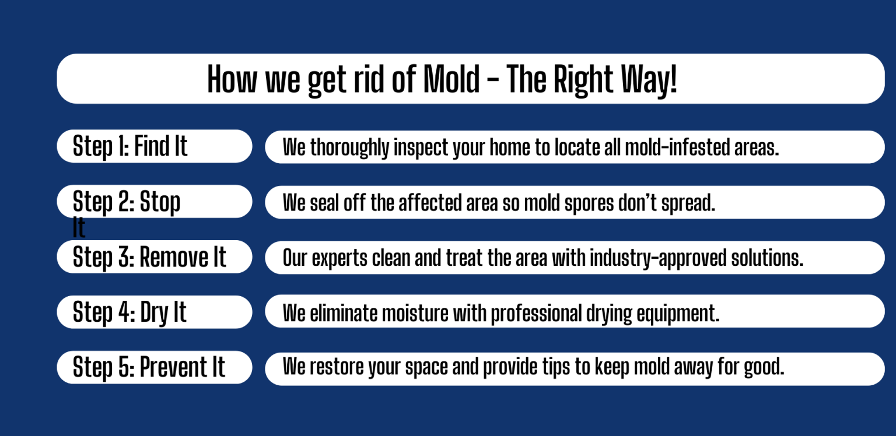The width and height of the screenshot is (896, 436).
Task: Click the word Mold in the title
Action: (x=451, y=79)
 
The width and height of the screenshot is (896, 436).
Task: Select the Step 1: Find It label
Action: (x=130, y=146)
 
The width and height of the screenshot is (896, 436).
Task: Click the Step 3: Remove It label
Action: (x=149, y=257)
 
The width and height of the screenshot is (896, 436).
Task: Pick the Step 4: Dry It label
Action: (x=129, y=312)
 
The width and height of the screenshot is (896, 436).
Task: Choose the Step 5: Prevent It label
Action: (x=149, y=367)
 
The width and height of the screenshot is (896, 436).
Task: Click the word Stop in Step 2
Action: (x=160, y=202)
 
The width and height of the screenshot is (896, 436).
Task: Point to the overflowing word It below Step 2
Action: (x=79, y=227)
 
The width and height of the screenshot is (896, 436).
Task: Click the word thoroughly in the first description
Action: (x=349, y=147)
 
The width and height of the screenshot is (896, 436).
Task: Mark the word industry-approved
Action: (x=658, y=258)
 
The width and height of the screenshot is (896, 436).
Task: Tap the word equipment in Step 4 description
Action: (x=678, y=314)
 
